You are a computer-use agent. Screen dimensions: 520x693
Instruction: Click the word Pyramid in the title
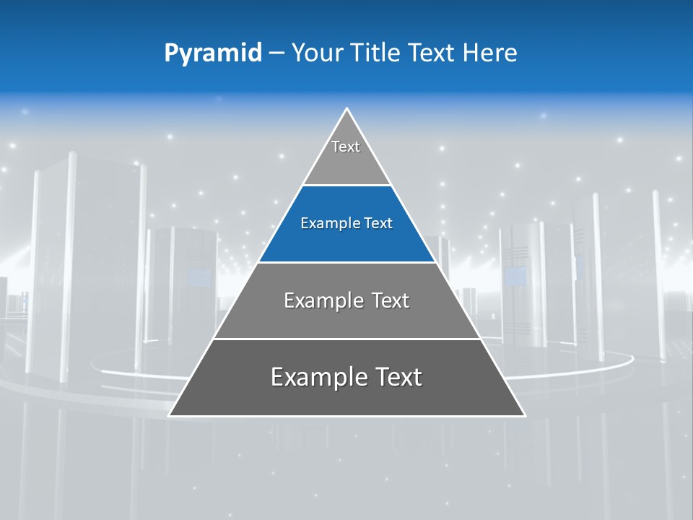point(212,53)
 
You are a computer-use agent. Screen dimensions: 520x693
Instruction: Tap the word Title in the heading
point(376,53)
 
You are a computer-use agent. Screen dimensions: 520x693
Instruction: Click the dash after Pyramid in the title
point(276,53)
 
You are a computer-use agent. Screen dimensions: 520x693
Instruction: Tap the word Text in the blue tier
point(378,224)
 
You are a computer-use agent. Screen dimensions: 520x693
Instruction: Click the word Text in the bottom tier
point(395,377)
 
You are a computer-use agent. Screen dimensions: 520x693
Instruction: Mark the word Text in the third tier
point(390,300)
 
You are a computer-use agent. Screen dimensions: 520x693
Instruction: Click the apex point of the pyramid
point(347,109)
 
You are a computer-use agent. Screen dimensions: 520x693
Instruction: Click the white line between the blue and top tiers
point(346,186)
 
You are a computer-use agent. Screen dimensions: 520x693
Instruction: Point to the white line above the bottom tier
point(346,339)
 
